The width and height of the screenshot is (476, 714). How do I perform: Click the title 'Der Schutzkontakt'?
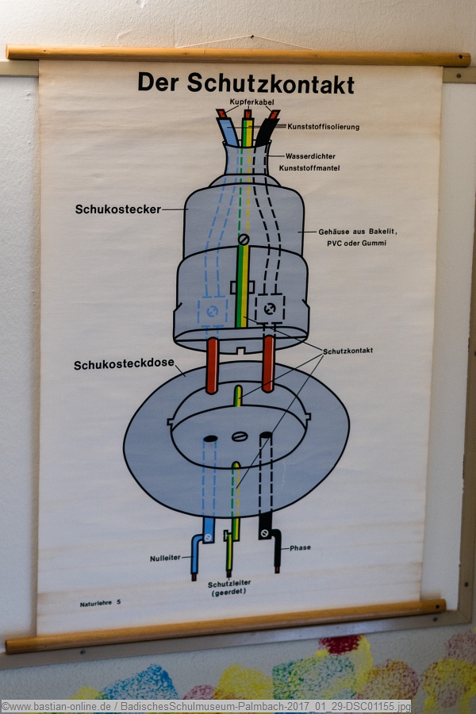coord(245,83)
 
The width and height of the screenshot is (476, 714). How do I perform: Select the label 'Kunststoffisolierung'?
coord(323,127)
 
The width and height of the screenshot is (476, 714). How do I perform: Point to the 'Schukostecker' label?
coord(117,210)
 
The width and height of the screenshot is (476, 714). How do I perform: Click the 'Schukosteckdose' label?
coord(124,366)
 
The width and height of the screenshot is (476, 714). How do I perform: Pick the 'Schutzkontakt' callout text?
coord(347,350)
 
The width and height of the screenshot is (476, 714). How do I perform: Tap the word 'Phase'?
coord(300,548)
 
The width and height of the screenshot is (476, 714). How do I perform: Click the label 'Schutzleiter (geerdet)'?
coord(229,587)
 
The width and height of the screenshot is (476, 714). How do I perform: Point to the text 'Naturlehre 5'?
coord(100,604)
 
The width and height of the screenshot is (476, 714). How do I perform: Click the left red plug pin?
coord(212,366)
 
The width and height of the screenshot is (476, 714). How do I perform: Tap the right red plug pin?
coord(268,364)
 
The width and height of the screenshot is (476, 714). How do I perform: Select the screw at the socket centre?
coord(240,436)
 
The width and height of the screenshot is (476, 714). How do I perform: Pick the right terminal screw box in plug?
coord(270,309)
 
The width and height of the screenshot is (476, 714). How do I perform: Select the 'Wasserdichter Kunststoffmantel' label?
coord(316,162)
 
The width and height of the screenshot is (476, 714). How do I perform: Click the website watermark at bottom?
coord(206,706)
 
